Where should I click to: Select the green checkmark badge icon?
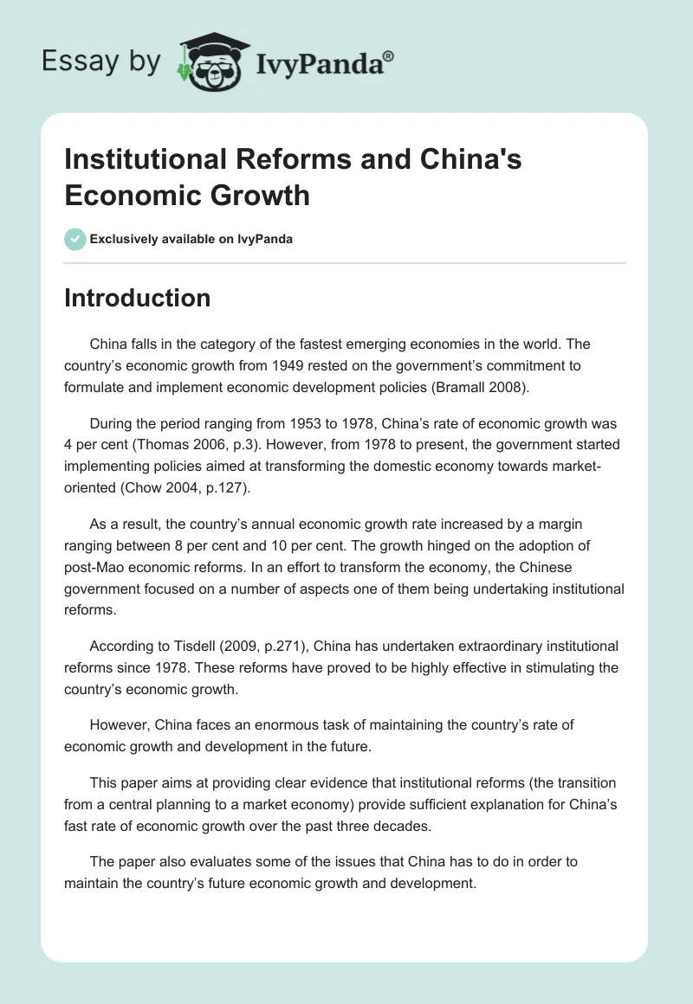click(x=75, y=239)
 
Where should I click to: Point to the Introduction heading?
click(x=137, y=298)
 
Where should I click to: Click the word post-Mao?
click(x=94, y=567)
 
